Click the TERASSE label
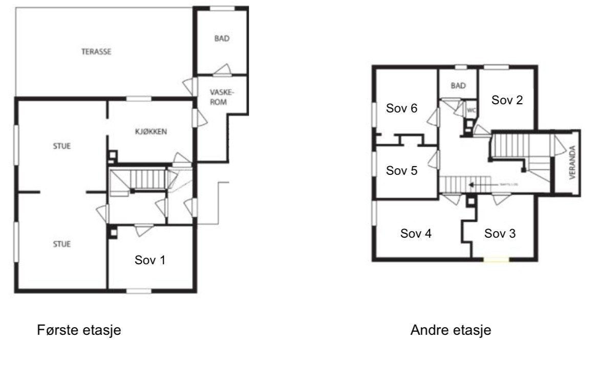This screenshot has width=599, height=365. point(96,52)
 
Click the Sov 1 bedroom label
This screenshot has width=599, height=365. point(150,260)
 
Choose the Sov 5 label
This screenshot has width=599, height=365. point(402,171)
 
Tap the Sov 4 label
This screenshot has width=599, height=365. point(416,234)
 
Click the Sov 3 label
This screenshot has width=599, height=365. point(500,234)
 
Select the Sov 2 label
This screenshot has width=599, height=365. point(507,100)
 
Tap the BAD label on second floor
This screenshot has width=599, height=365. point(458,86)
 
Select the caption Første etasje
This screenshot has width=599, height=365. point(79,330)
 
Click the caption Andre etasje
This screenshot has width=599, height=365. point(451,330)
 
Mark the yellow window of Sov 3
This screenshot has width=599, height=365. point(497,260)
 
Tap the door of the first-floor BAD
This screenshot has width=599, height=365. point(223,70)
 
